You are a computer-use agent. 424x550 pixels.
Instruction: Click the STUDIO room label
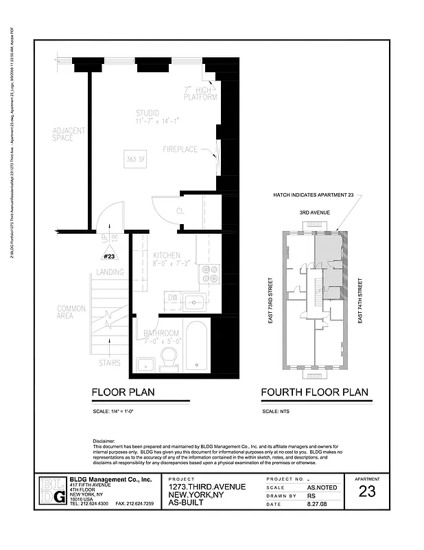(x=147, y=113)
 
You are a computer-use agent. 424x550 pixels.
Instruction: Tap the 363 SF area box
(x=134, y=159)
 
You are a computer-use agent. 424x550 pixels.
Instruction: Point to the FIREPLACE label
(x=180, y=149)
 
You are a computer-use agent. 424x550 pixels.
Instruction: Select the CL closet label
(x=180, y=211)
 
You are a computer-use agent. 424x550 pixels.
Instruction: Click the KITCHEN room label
(x=167, y=254)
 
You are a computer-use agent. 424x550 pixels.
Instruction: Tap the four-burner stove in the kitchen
(x=209, y=274)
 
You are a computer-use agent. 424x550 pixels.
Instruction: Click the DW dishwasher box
(x=173, y=298)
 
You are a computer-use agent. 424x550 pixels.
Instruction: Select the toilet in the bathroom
(x=169, y=357)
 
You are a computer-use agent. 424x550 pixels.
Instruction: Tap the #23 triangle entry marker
(x=109, y=256)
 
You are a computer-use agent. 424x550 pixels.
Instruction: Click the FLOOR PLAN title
(x=123, y=393)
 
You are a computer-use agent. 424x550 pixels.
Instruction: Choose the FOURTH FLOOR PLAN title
(x=314, y=393)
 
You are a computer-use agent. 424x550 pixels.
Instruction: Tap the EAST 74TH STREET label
(x=360, y=300)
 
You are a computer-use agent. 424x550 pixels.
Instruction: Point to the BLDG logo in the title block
(x=52, y=490)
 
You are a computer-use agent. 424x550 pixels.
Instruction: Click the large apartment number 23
(x=367, y=492)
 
